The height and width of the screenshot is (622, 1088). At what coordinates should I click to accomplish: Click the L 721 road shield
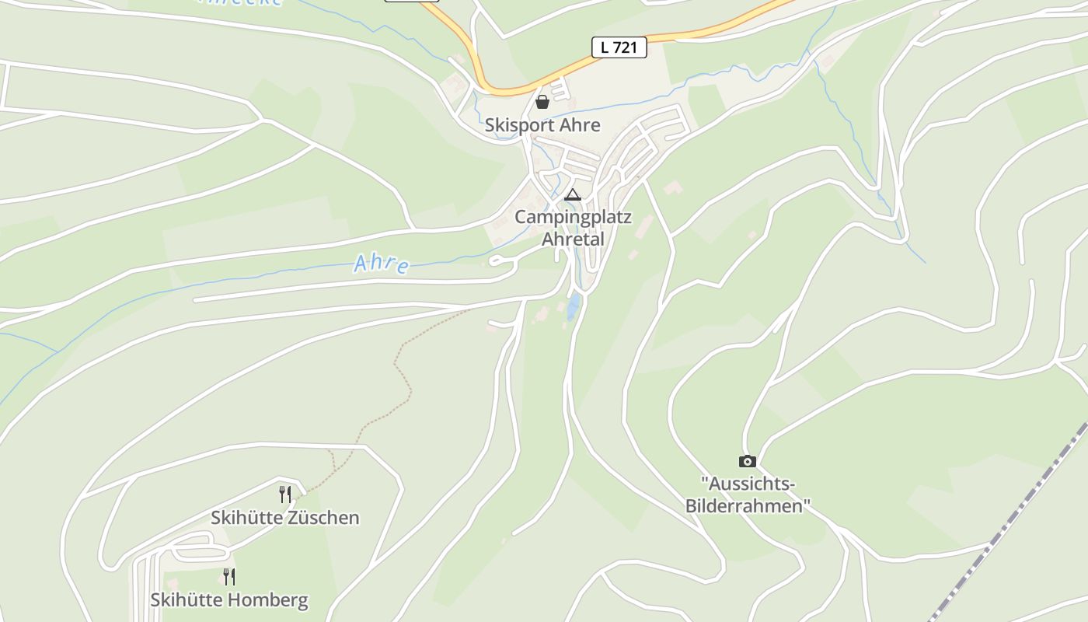[x=619, y=47]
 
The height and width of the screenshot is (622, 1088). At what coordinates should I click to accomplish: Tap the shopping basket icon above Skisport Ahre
[x=542, y=102]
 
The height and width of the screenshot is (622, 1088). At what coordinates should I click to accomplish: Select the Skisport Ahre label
[x=542, y=125]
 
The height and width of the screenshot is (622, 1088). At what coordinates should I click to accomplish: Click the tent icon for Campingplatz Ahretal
[x=573, y=194]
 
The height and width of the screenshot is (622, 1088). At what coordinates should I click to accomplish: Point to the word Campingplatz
[x=573, y=217]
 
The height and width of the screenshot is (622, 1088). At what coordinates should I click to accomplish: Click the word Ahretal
[x=573, y=239]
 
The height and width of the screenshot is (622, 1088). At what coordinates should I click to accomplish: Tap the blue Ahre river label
[x=381, y=264]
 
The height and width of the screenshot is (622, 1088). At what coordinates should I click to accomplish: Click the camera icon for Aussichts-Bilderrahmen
[x=747, y=462]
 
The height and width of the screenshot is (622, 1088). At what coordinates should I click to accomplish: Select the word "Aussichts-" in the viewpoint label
[x=748, y=484]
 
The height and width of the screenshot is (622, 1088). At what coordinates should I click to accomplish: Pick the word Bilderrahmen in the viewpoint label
[x=748, y=506]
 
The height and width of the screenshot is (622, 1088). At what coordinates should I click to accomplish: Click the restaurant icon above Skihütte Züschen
[x=285, y=494]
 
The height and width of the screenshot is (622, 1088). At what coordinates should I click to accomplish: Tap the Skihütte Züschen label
[x=285, y=518]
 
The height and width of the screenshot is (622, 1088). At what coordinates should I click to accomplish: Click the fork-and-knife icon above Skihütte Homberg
[x=229, y=576]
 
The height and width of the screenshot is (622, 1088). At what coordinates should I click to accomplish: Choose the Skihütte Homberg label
[x=229, y=600]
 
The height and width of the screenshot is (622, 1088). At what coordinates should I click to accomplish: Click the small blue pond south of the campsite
[x=573, y=307]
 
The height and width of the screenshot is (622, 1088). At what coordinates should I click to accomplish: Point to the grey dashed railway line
[x=1010, y=521]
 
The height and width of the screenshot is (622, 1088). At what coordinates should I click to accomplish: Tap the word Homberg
[x=267, y=600]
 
